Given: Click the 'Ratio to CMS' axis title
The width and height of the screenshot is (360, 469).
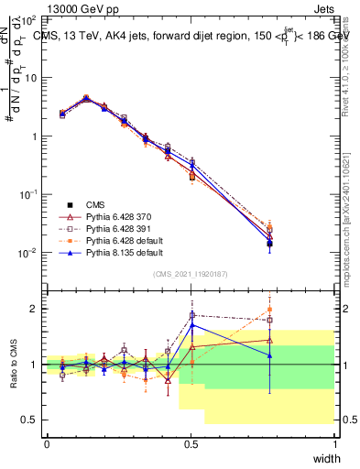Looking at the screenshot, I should click(x=13, y=365).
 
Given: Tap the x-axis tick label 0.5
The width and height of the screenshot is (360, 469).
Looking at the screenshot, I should click(x=191, y=444).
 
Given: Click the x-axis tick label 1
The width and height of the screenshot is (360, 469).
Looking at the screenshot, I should click(x=334, y=444).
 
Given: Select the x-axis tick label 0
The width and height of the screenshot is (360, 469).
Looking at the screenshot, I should click(x=47, y=444).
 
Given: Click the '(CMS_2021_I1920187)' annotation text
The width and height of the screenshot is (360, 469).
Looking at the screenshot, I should click(x=191, y=274).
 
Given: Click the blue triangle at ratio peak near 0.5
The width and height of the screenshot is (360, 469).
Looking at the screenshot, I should click(x=192, y=325).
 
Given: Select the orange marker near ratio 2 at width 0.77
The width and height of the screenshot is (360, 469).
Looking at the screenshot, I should click(x=269, y=310).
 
